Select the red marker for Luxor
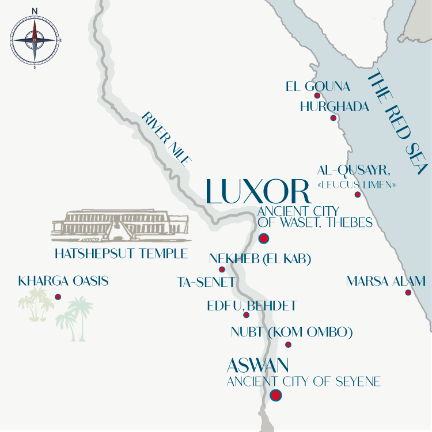[x=264, y=238]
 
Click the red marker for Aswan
[x=276, y=395]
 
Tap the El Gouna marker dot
[x=317, y=96]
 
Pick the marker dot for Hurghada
[x=333, y=118]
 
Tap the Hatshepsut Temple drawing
[x=119, y=225]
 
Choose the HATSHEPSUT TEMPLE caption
[x=121, y=253]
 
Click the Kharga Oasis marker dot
[x=58, y=297]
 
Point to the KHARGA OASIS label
[x=63, y=282]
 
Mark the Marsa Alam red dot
[x=408, y=293]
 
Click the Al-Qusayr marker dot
[x=358, y=195]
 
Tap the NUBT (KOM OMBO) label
[x=291, y=332]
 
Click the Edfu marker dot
[x=246, y=315]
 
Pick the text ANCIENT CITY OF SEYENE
[x=304, y=381]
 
